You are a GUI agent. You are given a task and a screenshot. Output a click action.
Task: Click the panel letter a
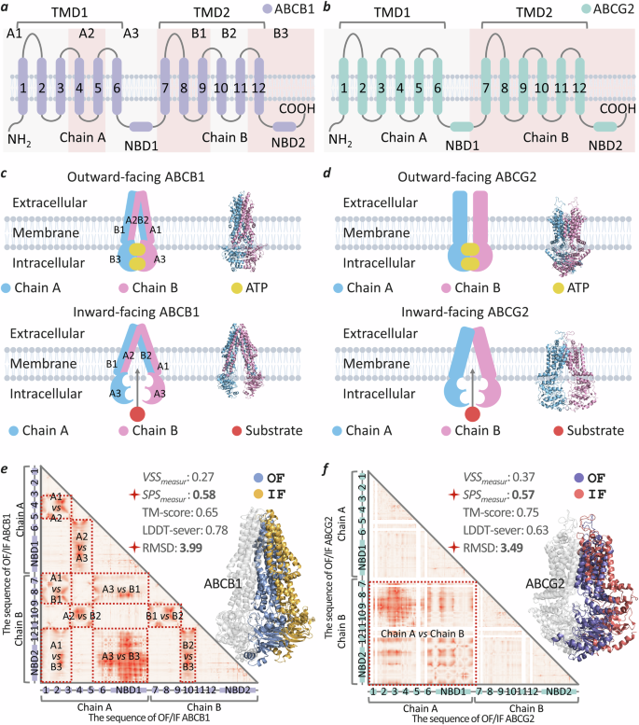pyautogui.click(x=7, y=7)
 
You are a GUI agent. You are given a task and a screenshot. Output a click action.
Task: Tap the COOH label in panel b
pyautogui.click(x=611, y=108)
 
